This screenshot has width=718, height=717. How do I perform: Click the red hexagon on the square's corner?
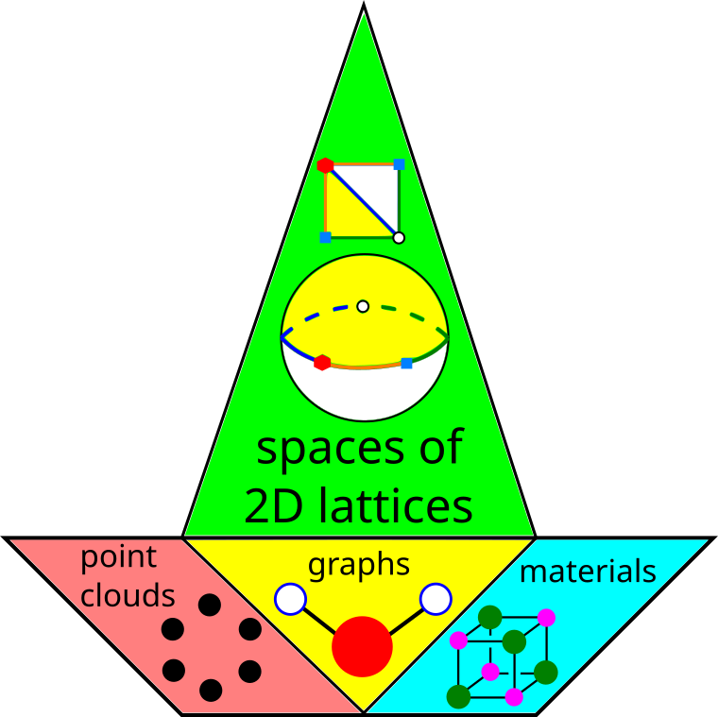tap(325, 164)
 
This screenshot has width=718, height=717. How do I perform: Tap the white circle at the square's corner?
tap(399, 237)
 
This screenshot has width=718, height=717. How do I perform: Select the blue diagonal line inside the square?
tap(362, 200)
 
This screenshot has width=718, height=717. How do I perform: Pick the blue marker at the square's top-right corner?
tap(399, 163)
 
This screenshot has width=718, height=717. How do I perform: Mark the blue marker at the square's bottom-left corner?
tap(325, 237)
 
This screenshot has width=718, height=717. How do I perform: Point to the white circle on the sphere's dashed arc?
tap(363, 306)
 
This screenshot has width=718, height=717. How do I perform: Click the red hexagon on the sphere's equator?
tap(322, 362)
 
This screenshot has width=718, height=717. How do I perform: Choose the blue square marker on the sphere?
tap(406, 363)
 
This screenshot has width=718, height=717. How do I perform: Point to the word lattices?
tap(396, 507)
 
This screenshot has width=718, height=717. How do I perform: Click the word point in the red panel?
tap(118, 557)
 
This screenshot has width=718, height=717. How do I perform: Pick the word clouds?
tap(128, 595)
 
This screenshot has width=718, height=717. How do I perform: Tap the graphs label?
tap(359, 565)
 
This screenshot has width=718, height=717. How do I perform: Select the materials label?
tap(588, 572)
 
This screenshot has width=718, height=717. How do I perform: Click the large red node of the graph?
tap(362, 647)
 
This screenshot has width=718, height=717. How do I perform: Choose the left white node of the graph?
tap(290, 599)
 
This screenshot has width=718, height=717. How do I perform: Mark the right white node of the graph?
tap(436, 599)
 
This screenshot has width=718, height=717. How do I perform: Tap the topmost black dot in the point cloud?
tap(210, 605)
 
